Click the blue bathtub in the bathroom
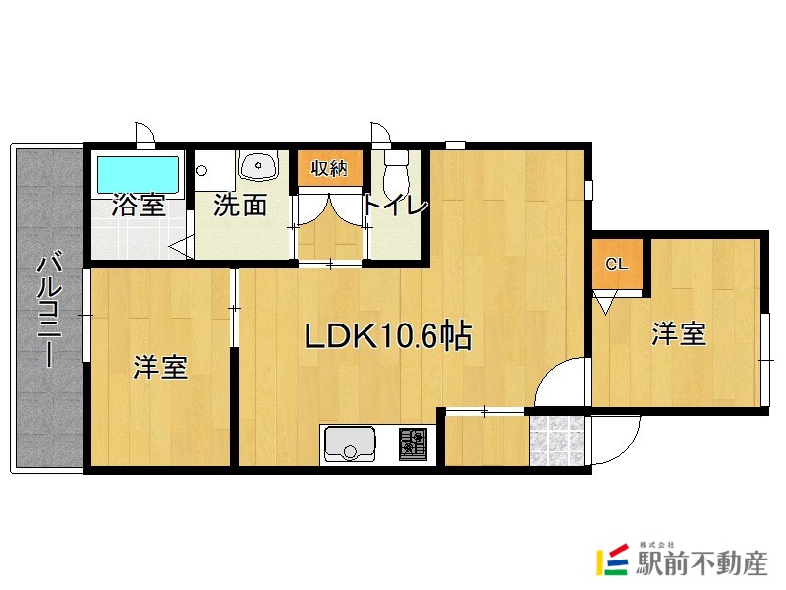[x=138, y=175]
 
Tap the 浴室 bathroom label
[x=138, y=206]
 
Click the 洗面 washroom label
[x=241, y=206]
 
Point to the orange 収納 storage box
[x=330, y=168]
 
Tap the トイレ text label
[x=396, y=206]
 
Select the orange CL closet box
[x=617, y=265]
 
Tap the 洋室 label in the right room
[x=679, y=334]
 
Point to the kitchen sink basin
[x=351, y=444]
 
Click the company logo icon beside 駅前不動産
[x=613, y=560]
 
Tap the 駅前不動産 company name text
[x=702, y=563]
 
